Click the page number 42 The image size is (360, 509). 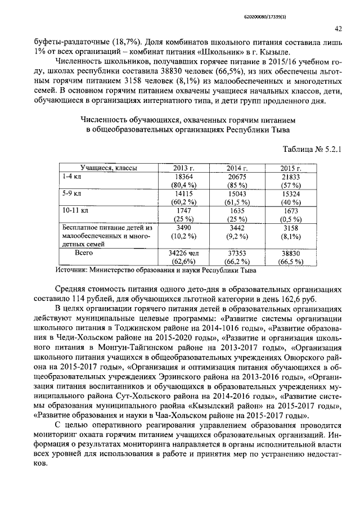pos(338,29)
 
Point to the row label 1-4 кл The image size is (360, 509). pos(70,177)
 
